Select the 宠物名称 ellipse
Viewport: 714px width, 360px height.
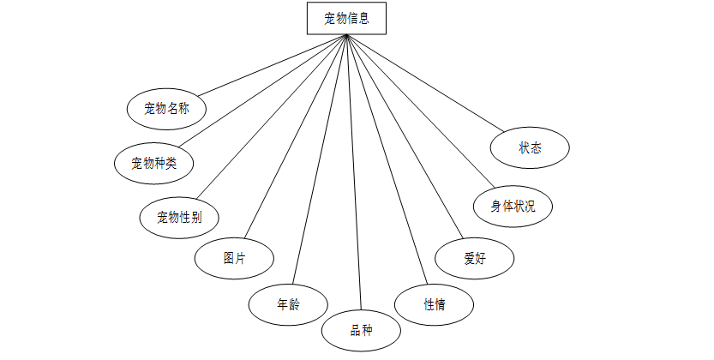point(165,108)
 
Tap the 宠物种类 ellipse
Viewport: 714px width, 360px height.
point(153,161)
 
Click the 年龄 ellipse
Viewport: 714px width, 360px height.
point(287,303)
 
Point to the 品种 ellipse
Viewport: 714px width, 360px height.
point(361,331)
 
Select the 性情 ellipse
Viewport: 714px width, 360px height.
point(434,303)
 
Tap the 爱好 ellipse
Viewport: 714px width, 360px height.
point(474,257)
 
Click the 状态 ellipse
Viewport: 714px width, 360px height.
point(530,147)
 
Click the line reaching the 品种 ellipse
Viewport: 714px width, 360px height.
point(354,171)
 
